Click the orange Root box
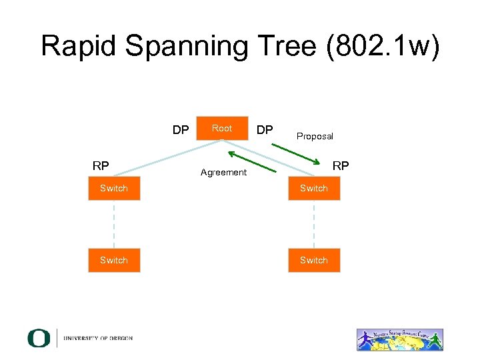point(222,129)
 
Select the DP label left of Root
point(181,130)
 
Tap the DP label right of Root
point(265,130)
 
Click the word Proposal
point(315,137)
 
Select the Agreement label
point(223,173)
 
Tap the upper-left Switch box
point(114,189)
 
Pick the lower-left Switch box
point(114,260)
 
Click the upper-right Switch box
point(314,189)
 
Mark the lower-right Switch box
point(314,260)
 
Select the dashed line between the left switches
point(114,224)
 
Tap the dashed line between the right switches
point(314,224)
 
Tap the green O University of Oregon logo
point(39,338)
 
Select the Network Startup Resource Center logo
point(399,339)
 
